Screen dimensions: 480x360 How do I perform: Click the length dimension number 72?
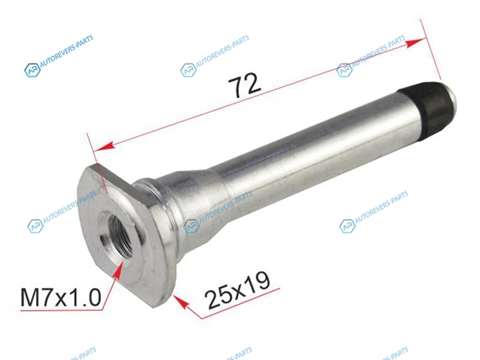[x=245, y=85]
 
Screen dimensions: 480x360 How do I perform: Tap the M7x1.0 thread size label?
[x=61, y=298]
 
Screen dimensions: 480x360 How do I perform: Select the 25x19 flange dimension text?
[x=238, y=290]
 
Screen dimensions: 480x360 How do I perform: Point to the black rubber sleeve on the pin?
[x=430, y=110]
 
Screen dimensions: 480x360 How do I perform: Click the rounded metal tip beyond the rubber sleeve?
[x=453, y=97]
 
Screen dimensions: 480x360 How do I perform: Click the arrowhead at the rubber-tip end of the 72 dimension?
[x=416, y=43]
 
